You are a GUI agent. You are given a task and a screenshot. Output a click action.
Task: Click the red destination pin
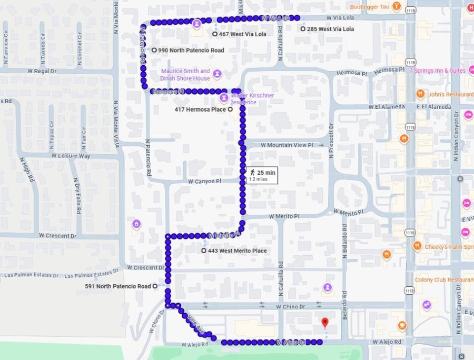pos(325,322)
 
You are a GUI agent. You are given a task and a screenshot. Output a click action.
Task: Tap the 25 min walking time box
pos(262,175)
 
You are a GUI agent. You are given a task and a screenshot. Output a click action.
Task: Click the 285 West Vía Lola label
pos(330,29)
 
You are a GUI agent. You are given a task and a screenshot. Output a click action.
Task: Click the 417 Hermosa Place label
pos(200,109)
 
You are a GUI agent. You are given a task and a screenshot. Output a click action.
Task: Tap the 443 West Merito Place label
pos(237,251)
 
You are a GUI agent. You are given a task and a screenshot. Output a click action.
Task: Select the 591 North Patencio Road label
pos(118,286)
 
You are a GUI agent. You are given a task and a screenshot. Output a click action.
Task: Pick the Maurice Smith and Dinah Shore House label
pos(185,75)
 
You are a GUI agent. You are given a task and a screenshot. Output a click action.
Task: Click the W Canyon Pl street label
pos(205,181)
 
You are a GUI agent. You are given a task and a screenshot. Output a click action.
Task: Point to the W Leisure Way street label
pos(71,156)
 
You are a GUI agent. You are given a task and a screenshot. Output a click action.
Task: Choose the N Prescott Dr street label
pos(331,141)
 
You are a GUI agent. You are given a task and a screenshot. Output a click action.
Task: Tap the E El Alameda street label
pos(433,107)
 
